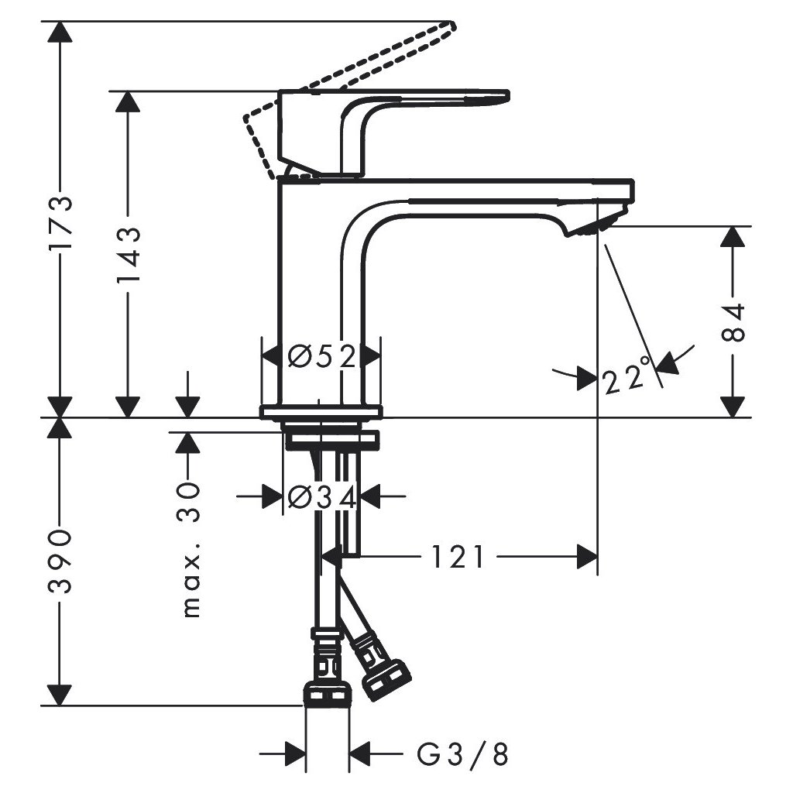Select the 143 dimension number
(128, 256)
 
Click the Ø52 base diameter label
(321, 357)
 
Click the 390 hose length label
(60, 562)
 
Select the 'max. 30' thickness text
(190, 549)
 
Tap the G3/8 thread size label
(462, 754)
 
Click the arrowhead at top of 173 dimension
(60, 32)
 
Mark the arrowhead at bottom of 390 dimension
(60, 695)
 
